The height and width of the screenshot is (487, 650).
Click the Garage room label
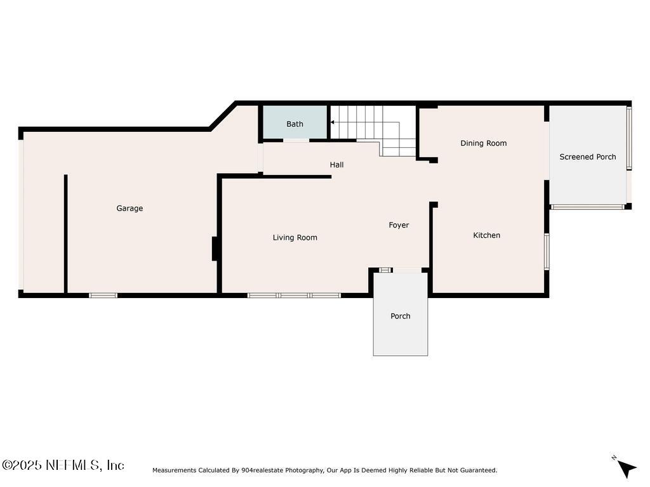coord(129,208)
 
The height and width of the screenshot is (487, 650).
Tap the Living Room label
coord(295,238)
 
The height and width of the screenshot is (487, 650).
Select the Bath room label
coord(295,124)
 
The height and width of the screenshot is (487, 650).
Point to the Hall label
coord(336,165)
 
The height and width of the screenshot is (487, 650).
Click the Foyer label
coord(399,225)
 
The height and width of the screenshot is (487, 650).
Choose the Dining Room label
coord(483,143)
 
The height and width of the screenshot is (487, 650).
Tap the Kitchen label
coord(486,235)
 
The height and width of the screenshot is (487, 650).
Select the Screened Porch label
coord(587,157)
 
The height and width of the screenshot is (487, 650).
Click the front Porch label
coord(400,316)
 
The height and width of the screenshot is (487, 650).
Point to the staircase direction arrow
coord(333,122)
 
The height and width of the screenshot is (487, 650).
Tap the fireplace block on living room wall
coord(215,249)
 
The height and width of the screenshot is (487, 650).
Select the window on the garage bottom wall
coord(103,295)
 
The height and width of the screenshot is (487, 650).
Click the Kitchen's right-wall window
coord(546,252)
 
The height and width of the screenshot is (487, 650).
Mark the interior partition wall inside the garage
coord(65,234)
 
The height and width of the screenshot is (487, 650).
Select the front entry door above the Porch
coord(406,270)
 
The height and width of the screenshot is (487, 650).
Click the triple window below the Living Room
coord(294,295)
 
